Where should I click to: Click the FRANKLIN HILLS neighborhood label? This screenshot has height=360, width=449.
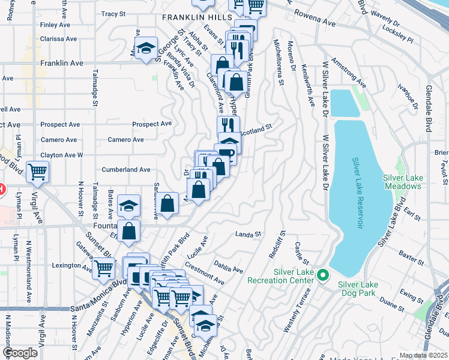pyautogui.click(x=196, y=18)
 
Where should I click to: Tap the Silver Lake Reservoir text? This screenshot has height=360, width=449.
pyautogui.click(x=358, y=193)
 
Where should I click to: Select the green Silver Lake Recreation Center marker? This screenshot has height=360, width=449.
pyautogui.click(x=323, y=275)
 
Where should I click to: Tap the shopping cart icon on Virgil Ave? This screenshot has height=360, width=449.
pyautogui.click(x=38, y=172)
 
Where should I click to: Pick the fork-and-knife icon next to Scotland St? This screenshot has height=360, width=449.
pyautogui.click(x=228, y=126)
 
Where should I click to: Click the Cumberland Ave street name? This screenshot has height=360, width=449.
pyautogui.click(x=125, y=170)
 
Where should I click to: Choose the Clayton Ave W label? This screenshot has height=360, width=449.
pyautogui.click(x=62, y=155)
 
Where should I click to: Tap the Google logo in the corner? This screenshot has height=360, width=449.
pyautogui.click(x=20, y=353)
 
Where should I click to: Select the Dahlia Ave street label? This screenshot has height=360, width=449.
pyautogui.click(x=228, y=267)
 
